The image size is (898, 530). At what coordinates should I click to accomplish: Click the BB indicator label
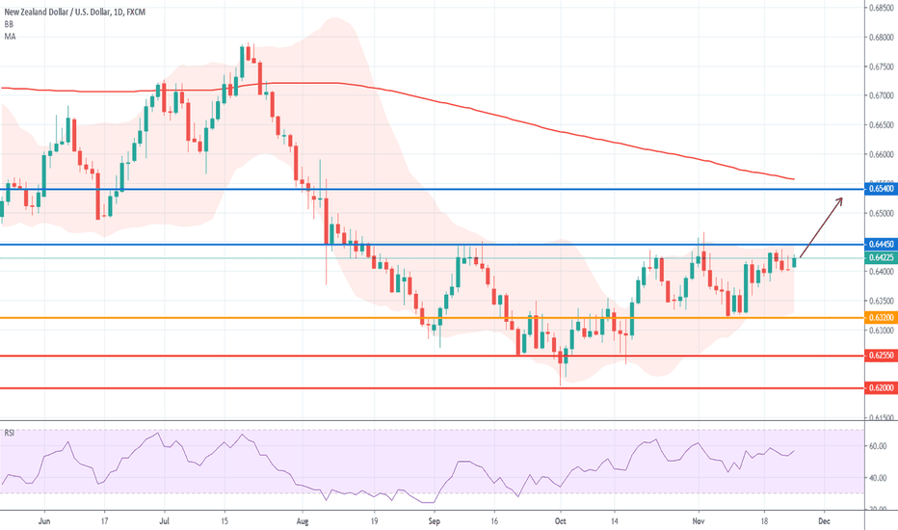pos(9,23)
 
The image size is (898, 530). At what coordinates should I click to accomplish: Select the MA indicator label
pos(10,36)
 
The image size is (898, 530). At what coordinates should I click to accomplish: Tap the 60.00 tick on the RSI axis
pos(878,447)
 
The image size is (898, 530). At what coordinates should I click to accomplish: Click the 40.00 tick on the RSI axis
pos(878,478)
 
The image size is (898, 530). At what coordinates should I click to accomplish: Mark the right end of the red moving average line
pos(794,179)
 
